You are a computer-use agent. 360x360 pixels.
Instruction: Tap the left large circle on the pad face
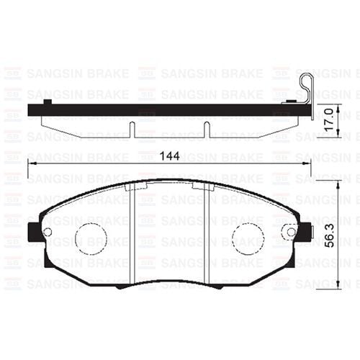click(x=91, y=238)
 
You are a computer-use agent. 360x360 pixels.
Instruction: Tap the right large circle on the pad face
click(x=247, y=238)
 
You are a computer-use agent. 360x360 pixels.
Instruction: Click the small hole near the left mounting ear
click(x=48, y=232)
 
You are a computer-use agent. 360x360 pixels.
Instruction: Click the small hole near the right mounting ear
click(x=291, y=232)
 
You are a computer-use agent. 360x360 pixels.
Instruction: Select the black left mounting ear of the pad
click(x=32, y=232)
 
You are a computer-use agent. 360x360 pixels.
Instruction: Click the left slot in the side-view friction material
click(x=132, y=129)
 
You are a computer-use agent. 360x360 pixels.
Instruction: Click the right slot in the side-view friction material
click(x=207, y=129)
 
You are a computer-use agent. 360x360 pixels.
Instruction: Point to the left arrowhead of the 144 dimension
click(x=31, y=164)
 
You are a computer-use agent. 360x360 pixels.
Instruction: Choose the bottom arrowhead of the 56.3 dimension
click(x=338, y=285)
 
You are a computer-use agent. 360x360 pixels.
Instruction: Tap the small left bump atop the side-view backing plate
click(x=47, y=103)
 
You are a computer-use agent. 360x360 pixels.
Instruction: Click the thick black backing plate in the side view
click(x=170, y=112)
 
